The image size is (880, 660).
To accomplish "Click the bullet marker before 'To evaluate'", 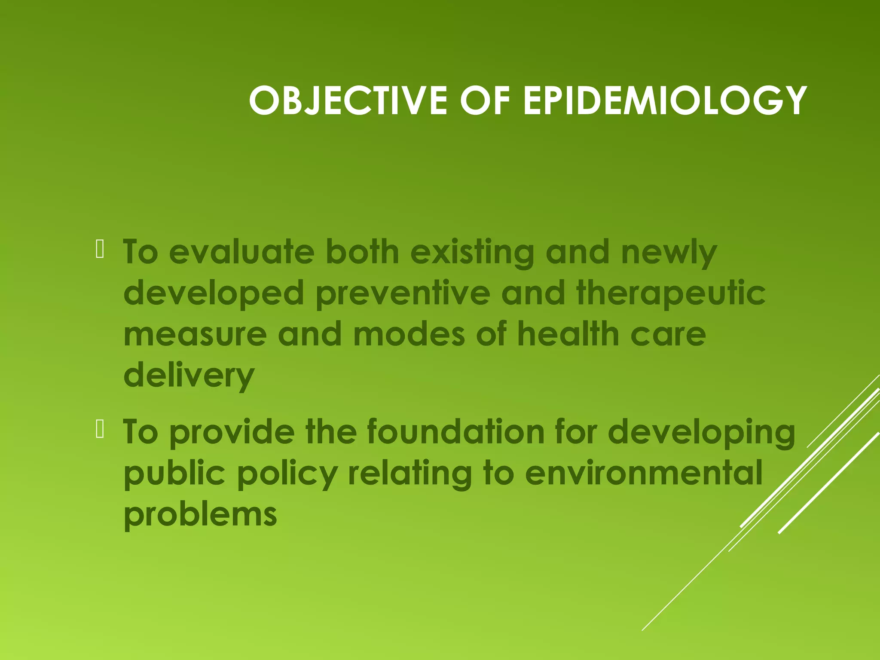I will [x=100, y=250].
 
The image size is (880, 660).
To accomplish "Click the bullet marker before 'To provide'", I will [x=100, y=429].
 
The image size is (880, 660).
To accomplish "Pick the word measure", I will [x=195, y=335].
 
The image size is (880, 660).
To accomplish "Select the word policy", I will [x=287, y=474].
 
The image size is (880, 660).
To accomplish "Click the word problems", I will [x=200, y=515].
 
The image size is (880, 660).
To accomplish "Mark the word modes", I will [x=409, y=334].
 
